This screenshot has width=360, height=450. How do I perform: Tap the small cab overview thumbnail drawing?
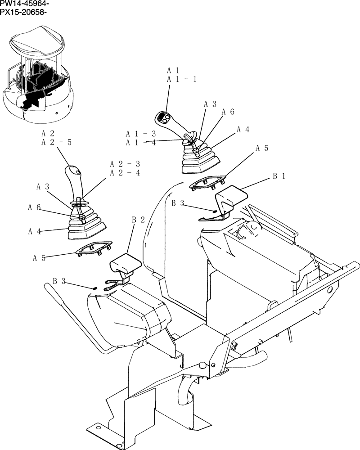38,74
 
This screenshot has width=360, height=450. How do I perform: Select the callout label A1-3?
141,134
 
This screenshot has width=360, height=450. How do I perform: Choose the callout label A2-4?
125,173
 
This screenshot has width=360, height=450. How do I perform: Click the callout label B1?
279,176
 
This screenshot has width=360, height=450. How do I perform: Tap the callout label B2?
138,220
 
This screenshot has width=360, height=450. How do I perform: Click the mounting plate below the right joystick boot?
207,183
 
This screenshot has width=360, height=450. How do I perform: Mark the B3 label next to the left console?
59,281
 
